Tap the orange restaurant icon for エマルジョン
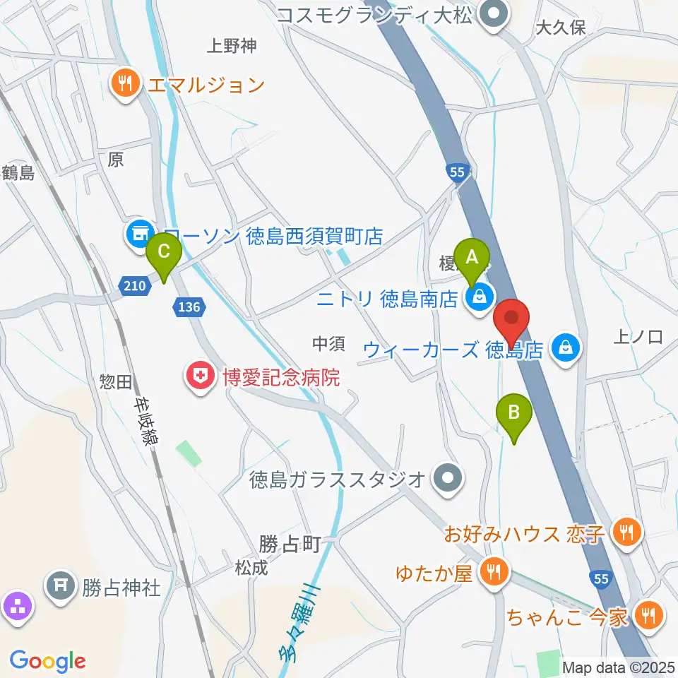[126, 85]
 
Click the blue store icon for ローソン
[138, 234]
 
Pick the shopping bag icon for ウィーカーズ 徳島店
[565, 346]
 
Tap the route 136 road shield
[190, 307]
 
